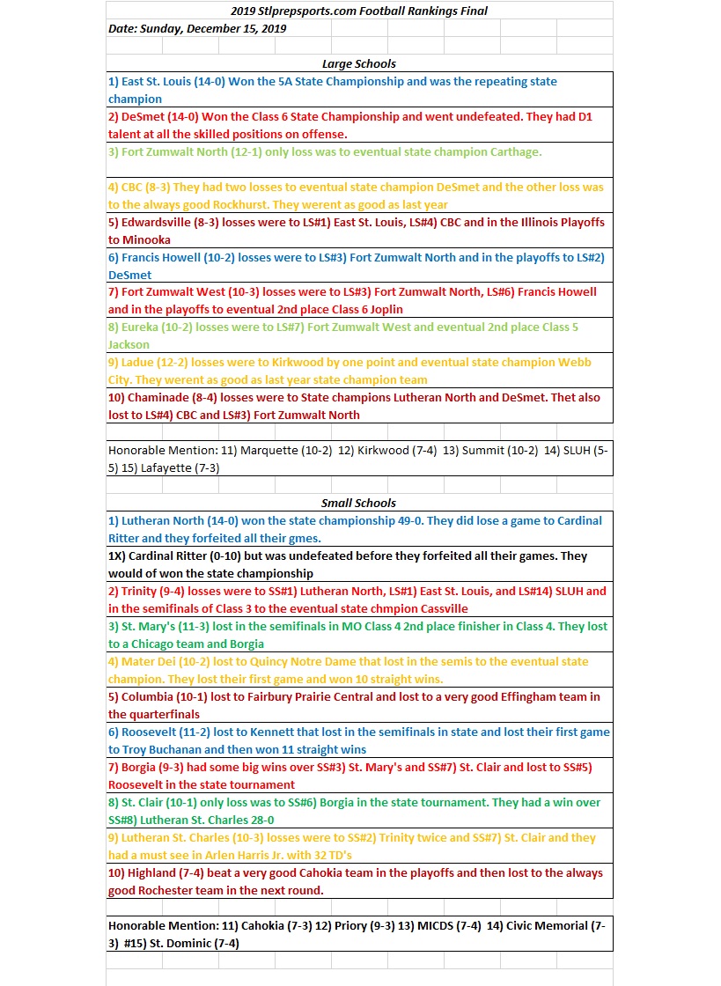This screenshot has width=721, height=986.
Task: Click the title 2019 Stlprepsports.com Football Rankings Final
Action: pos(358,11)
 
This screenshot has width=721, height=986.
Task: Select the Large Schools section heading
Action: pos(358,63)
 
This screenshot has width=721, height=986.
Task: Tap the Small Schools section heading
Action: pos(358,503)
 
